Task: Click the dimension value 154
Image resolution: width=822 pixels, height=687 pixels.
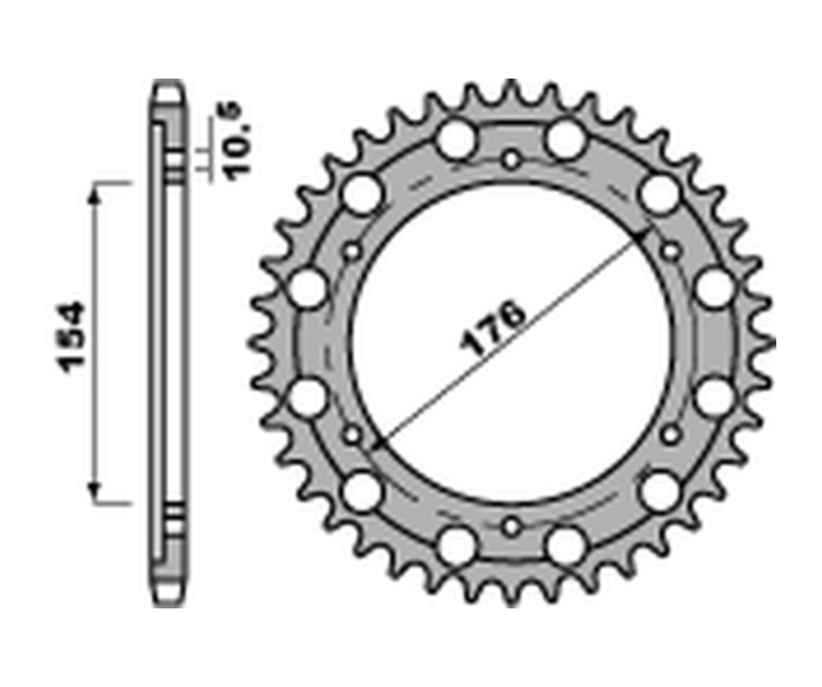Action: (x=71, y=335)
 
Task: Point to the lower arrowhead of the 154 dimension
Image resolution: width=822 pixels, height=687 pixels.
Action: (x=94, y=493)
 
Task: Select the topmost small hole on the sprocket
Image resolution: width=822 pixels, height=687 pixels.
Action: (x=511, y=162)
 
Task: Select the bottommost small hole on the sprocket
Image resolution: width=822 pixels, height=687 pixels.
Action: (x=511, y=525)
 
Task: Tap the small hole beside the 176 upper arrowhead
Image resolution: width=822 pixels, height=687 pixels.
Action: (x=671, y=251)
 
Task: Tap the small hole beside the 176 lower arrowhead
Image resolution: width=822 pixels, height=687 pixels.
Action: (x=353, y=435)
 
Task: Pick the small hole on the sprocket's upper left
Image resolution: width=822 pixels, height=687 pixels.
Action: (x=353, y=251)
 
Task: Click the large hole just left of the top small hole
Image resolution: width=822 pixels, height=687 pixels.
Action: (x=457, y=141)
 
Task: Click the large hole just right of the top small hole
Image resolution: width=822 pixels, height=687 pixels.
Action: (x=566, y=141)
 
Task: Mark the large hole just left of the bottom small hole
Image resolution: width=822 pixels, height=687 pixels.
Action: (x=457, y=545)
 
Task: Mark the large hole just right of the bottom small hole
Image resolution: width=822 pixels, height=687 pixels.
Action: (x=566, y=545)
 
